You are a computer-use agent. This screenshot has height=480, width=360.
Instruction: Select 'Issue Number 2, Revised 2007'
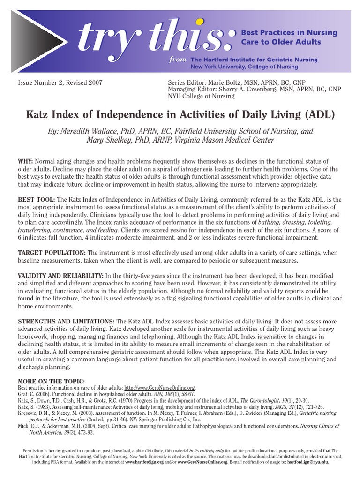(x=60, y=82)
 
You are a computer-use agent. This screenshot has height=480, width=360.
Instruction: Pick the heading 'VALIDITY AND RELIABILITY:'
(x=60, y=275)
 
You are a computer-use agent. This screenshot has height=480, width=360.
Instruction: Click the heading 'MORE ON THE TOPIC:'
(x=51, y=381)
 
